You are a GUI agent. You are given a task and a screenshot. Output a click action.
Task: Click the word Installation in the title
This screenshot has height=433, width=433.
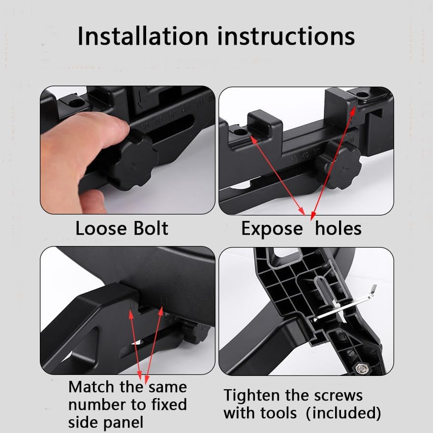[143, 36]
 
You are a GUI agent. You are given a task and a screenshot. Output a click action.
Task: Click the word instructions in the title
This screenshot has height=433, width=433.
[286, 36]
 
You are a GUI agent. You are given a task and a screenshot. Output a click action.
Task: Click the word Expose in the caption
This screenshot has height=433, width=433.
[272, 230]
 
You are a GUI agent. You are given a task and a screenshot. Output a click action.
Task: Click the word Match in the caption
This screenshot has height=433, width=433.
[92, 387]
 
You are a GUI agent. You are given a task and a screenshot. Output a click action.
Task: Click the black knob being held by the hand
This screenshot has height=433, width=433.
[135, 161]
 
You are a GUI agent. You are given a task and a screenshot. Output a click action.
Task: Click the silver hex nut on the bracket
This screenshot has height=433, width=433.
[360, 368]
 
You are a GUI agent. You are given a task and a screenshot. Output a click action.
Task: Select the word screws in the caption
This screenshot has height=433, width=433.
[338, 396]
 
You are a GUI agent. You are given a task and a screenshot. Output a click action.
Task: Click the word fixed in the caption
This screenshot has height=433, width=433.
[169, 404]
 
